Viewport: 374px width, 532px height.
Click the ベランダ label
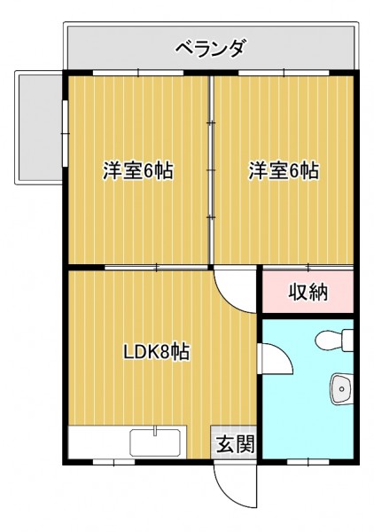tap(210, 50)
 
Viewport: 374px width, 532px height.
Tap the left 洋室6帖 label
tap(138, 170)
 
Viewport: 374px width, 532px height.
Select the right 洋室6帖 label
tap(284, 170)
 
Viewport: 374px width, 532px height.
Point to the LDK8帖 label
tap(156, 352)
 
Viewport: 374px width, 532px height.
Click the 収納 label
tap(308, 292)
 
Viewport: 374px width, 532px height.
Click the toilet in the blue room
tap(334, 340)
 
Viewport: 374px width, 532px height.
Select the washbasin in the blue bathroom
tap(342, 389)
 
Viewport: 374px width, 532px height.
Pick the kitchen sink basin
tap(155, 442)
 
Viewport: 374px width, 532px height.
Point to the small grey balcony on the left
tap(38, 127)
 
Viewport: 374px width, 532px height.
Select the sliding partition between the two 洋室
tap(211, 169)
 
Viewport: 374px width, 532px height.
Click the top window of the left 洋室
tap(138, 73)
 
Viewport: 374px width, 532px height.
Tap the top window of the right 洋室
tap(284, 73)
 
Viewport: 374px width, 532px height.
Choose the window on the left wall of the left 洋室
tap(66, 133)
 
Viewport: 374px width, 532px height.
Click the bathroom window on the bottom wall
tap(308, 462)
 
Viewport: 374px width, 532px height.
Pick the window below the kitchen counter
tap(114, 462)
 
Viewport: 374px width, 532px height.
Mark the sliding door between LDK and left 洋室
tap(156, 268)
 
